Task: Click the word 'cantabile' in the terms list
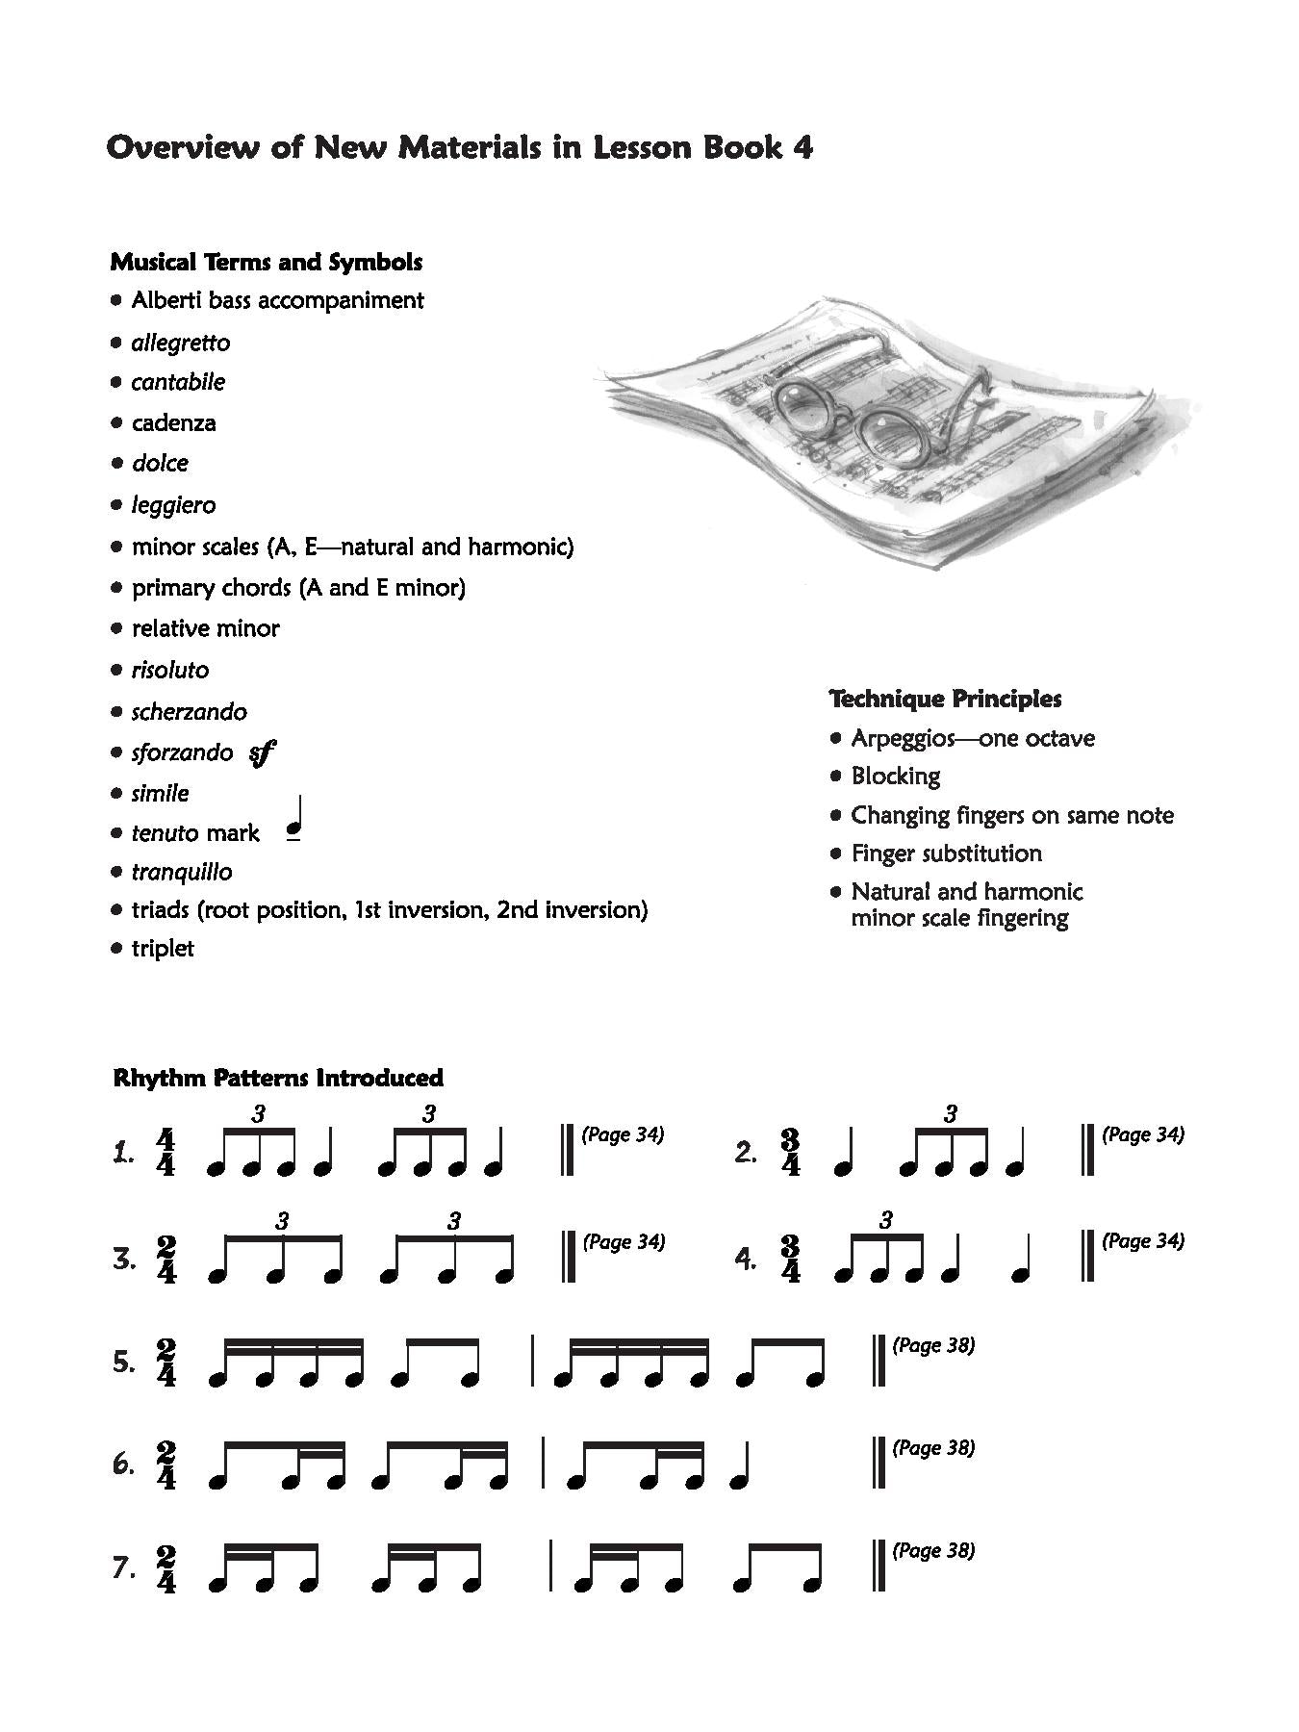pos(178,382)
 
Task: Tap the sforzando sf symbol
pos(262,753)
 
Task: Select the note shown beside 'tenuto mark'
pos(295,822)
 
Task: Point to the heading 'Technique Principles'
pos(945,699)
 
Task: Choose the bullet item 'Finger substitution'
pos(946,853)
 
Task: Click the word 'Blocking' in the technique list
pos(895,777)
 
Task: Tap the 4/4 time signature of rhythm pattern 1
pos(166,1153)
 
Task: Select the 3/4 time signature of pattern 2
pos(791,1153)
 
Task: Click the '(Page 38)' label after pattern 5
pos(933,1345)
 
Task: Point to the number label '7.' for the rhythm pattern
pos(124,1568)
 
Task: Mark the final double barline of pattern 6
pos(879,1463)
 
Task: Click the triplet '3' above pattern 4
pos(886,1220)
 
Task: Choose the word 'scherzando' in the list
pos(189,712)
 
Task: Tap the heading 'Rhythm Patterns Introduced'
pos(278,1078)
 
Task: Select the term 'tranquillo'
pos(182,872)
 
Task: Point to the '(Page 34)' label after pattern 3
pos(624,1242)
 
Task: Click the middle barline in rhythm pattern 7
pos(551,1566)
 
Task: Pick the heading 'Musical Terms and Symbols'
pos(267,262)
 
